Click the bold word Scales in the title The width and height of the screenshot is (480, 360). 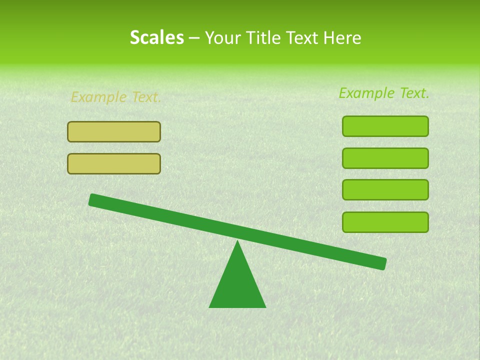point(156,37)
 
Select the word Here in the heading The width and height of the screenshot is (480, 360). point(342,37)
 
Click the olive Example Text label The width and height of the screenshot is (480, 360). point(115,97)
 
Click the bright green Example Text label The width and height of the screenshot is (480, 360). point(384,93)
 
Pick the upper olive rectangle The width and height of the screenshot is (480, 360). point(114,132)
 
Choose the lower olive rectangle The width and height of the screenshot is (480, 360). point(114,163)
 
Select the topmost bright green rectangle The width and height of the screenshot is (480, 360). point(385,126)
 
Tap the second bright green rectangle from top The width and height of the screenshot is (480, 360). point(385,158)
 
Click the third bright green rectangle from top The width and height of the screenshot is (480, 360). point(385,190)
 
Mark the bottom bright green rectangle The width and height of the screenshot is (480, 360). point(385,222)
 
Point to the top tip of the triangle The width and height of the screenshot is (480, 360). point(237,241)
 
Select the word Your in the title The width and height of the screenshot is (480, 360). point(221,37)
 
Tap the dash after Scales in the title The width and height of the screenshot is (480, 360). point(194,38)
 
